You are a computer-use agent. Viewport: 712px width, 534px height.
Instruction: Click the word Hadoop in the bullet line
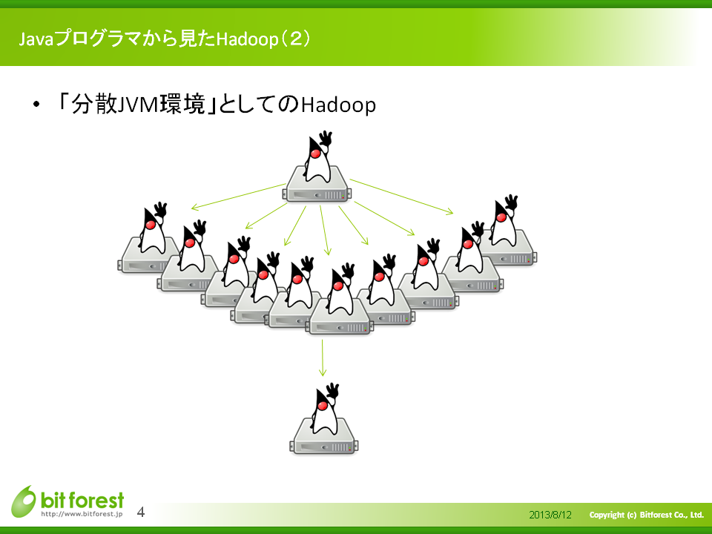tap(338, 105)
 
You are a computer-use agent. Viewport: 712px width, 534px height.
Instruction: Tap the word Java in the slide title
tap(36, 39)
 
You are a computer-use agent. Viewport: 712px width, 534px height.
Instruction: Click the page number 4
tap(141, 512)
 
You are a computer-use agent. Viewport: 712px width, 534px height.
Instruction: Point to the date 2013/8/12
tap(550, 515)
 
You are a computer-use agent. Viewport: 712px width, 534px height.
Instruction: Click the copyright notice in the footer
tap(647, 515)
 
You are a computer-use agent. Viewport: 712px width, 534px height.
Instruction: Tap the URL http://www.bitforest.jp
tap(82, 514)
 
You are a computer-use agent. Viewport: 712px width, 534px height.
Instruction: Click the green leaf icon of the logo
tap(24, 501)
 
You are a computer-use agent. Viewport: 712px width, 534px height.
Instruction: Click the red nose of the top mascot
tap(315, 154)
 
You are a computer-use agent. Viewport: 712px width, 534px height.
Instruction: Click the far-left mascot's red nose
tap(151, 224)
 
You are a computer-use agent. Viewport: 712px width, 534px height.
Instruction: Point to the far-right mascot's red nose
tap(501, 217)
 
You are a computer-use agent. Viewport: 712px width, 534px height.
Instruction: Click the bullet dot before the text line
tap(36, 105)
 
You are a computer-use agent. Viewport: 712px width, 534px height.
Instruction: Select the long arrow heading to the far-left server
tap(238, 197)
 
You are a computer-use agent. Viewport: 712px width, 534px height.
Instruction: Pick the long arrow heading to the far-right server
tap(401, 197)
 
